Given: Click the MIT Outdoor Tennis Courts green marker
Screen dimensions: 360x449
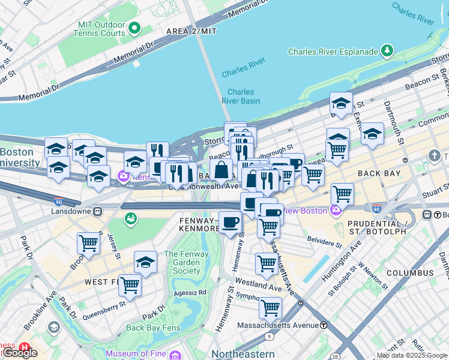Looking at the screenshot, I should coord(134,28).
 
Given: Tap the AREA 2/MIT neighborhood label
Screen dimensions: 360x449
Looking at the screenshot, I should coord(191,31).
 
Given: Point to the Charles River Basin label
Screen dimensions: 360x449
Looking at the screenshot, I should coord(241,97).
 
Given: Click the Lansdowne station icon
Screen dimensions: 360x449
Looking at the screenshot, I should coord(97,211).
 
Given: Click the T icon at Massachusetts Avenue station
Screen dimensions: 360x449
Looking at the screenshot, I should coord(324,325).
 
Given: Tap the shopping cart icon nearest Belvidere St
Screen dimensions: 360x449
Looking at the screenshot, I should coord(268,227).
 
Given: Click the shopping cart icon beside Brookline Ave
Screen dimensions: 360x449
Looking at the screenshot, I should coord(88,243).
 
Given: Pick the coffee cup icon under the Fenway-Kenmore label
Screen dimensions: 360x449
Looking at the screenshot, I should coord(230,223).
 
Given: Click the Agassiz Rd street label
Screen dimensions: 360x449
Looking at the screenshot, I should coord(189,292).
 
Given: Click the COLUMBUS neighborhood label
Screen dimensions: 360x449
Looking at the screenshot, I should coord(409,272).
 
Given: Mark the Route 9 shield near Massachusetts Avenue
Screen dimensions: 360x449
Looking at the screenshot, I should coord(270,337).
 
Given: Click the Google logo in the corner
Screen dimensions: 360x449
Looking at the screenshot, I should coord(20,353).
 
